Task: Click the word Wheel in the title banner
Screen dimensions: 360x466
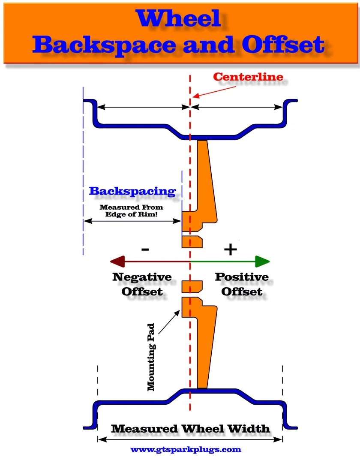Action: [x=179, y=18]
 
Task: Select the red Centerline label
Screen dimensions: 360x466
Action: [x=248, y=77]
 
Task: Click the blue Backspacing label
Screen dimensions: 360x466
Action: [x=132, y=191]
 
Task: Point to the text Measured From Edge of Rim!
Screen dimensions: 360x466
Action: [x=131, y=211]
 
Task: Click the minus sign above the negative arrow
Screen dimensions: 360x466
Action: [x=145, y=250]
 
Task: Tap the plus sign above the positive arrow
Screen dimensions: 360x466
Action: [x=231, y=249]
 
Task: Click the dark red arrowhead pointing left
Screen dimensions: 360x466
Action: [x=117, y=262]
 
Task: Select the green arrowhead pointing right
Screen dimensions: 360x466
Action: [x=263, y=262]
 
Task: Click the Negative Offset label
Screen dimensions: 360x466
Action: [x=142, y=284]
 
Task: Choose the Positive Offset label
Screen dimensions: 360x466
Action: [x=242, y=284]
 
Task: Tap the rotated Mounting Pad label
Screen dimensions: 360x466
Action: [x=151, y=357]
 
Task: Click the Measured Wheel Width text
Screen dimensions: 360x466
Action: [x=190, y=429]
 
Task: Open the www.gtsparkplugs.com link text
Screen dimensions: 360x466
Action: [x=186, y=450]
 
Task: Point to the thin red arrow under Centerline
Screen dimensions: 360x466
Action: [x=214, y=92]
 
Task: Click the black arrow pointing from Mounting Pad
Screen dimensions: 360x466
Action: [x=169, y=322]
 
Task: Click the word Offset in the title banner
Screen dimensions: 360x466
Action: [x=282, y=45]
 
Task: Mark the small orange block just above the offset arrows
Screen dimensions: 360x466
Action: [x=192, y=242]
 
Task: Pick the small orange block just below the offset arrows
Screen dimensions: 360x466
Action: [x=192, y=287]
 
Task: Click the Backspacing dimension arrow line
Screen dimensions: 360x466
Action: [x=132, y=221]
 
